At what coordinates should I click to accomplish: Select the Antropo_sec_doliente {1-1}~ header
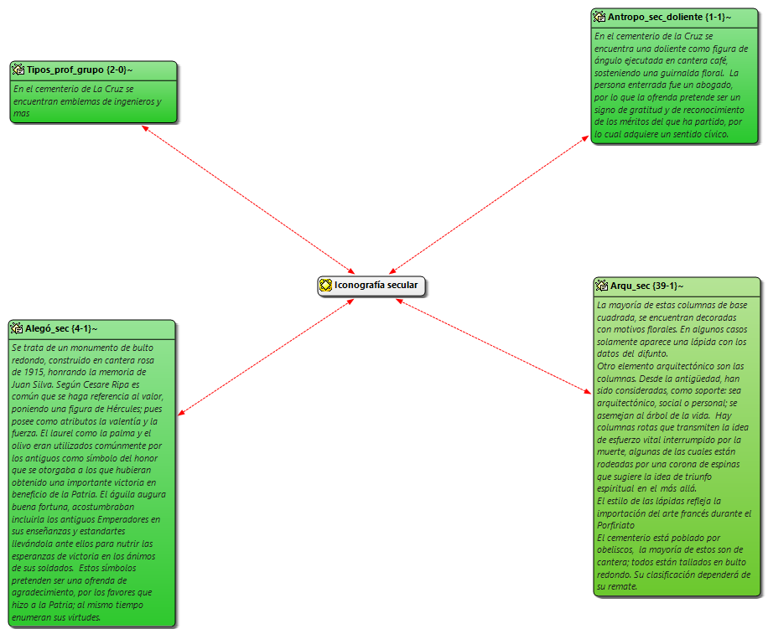(x=669, y=16)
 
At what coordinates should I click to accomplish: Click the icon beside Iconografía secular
(x=325, y=286)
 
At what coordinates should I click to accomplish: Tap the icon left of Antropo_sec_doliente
(x=599, y=16)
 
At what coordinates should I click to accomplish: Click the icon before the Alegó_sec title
(x=17, y=328)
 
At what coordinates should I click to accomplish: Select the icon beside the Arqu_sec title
(x=602, y=286)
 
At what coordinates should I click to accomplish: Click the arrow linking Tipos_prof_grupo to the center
(x=248, y=198)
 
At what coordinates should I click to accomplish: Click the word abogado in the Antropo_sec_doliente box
(x=713, y=85)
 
